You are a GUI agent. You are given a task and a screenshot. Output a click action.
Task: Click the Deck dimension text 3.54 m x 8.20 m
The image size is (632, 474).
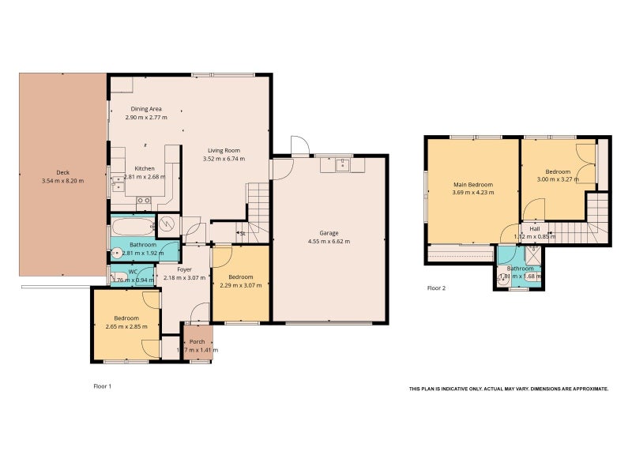(x=63, y=181)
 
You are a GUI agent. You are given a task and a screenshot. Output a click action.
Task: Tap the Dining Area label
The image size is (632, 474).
(x=146, y=108)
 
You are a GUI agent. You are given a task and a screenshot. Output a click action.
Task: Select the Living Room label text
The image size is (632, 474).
(x=224, y=150)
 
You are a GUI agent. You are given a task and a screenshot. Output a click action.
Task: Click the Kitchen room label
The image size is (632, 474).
(x=144, y=168)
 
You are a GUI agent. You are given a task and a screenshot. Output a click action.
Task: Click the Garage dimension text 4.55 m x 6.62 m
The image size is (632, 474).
(x=329, y=242)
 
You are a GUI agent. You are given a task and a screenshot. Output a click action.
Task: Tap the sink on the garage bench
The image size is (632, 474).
(x=342, y=165)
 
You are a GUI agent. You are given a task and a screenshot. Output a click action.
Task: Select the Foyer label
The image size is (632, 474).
(x=184, y=269)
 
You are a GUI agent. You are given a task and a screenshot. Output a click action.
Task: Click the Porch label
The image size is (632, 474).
(x=197, y=341)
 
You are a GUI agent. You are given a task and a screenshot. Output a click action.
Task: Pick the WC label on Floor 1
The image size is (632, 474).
(x=133, y=272)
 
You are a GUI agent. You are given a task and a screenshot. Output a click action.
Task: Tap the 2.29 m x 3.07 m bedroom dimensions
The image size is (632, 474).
(x=241, y=285)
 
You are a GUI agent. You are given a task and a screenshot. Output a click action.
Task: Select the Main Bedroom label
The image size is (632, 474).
(x=473, y=184)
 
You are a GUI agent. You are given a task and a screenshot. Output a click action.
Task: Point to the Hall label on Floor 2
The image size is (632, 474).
(x=535, y=228)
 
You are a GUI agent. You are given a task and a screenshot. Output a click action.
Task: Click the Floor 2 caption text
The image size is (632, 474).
(x=436, y=288)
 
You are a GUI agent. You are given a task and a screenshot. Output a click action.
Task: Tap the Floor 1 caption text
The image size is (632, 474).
(x=102, y=386)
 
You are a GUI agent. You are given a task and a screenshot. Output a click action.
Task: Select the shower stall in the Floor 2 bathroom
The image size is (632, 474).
(x=532, y=254)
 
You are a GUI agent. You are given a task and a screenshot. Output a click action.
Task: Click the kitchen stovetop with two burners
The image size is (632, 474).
(x=145, y=201)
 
